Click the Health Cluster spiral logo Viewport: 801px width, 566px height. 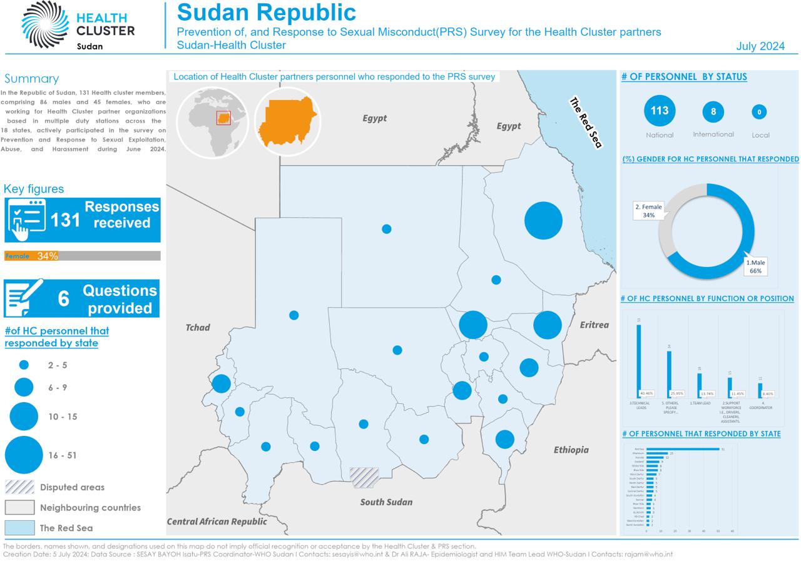pyautogui.click(x=45, y=24)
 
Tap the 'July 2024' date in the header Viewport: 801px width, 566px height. pyautogui.click(x=760, y=46)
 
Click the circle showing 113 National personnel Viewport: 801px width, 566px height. pyautogui.click(x=659, y=111)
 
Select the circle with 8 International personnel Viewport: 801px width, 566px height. pyautogui.click(x=713, y=113)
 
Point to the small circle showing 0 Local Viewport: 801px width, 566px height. pyautogui.click(x=759, y=113)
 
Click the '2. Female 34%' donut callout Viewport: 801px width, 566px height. pyautogui.click(x=648, y=211)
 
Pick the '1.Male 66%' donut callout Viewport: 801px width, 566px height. pyautogui.click(x=755, y=267)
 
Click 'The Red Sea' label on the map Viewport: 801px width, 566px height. pyautogui.click(x=585, y=123)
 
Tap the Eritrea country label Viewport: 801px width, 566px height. pyautogui.click(x=594, y=325)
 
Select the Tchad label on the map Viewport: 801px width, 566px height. pyautogui.click(x=198, y=327)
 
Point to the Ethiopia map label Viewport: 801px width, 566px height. pyautogui.click(x=571, y=450)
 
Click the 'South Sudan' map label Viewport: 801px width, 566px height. pyautogui.click(x=386, y=502)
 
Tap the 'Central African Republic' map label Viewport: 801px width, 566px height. pyautogui.click(x=217, y=521)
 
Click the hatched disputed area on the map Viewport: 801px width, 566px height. pyautogui.click(x=364, y=478)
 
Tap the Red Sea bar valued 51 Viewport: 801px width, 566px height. pyautogui.click(x=683, y=449)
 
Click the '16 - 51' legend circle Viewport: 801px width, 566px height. pyautogui.click(x=24, y=455)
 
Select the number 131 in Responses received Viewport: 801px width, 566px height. pyautogui.click(x=65, y=220)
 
